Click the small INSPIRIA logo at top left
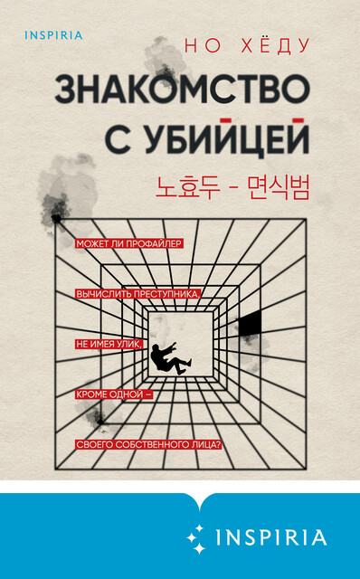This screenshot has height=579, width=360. coord(48,36)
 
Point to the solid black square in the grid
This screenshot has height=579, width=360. coord(250,320)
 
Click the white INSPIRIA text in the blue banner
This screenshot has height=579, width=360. coord(270,537)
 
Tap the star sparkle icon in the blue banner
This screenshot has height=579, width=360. coord(195,536)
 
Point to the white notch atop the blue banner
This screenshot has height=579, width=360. coord(180,498)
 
